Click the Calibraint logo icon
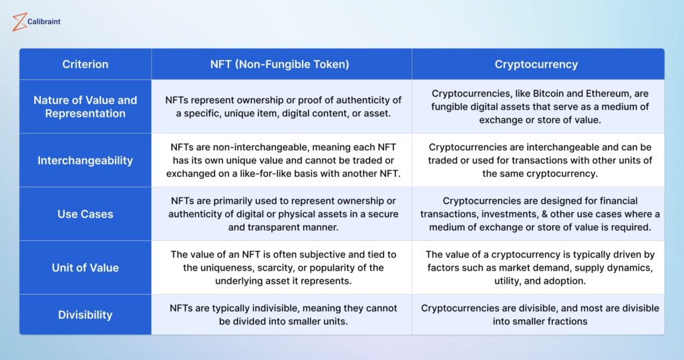tap(19, 22)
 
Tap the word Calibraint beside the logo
tap(43, 21)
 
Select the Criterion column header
tap(85, 64)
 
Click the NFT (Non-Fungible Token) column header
tap(280, 64)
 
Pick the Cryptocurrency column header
tap(536, 64)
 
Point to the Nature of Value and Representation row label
tap(85, 106)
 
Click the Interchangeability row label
tap(85, 160)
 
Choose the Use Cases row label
tap(85, 214)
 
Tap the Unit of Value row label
tap(85, 267)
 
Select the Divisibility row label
tap(85, 315)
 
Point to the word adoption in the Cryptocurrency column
tap(566, 281)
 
